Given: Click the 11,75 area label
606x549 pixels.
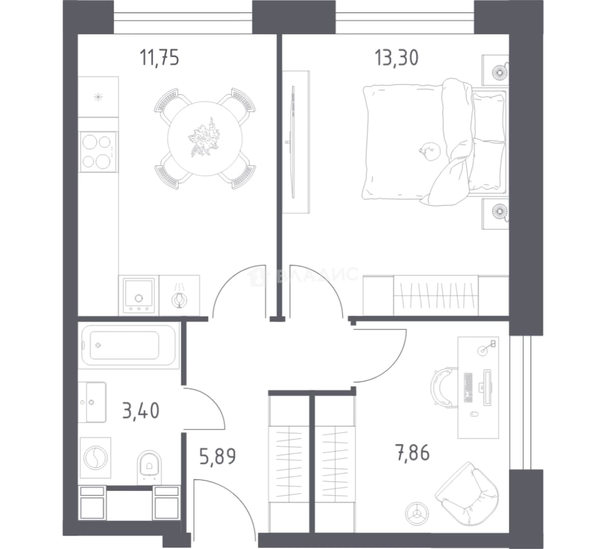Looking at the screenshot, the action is click(x=159, y=58).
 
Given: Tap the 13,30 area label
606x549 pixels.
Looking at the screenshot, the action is click(x=396, y=57).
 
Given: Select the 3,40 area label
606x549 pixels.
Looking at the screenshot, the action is click(x=141, y=410).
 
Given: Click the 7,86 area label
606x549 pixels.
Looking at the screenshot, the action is click(x=412, y=452).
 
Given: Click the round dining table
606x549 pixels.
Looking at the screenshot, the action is click(x=205, y=139).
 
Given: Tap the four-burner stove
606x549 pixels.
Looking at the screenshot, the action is click(x=98, y=151).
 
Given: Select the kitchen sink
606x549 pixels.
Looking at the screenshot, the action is click(x=139, y=295).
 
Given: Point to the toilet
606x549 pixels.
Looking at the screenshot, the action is click(x=149, y=467).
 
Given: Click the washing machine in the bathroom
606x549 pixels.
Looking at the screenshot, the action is click(x=95, y=458).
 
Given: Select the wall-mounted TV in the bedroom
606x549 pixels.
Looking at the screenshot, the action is click(x=293, y=142).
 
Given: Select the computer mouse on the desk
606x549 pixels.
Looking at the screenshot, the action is click(x=474, y=414).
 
